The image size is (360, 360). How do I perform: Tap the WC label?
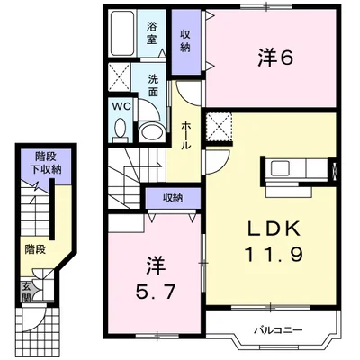point(120,105)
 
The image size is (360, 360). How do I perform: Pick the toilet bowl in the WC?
point(121,127)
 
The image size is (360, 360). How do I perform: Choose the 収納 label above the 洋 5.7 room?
point(174,198)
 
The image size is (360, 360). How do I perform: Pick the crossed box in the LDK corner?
point(219,126)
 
